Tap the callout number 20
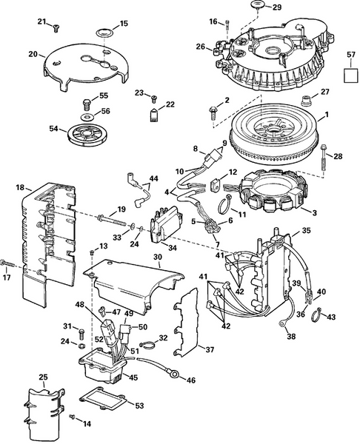pyautogui.click(x=33, y=54)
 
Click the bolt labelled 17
pyautogui.click(x=7, y=262)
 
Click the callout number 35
pyautogui.click(x=306, y=231)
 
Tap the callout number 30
pyautogui.click(x=157, y=257)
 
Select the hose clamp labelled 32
pyautogui.click(x=149, y=343)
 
